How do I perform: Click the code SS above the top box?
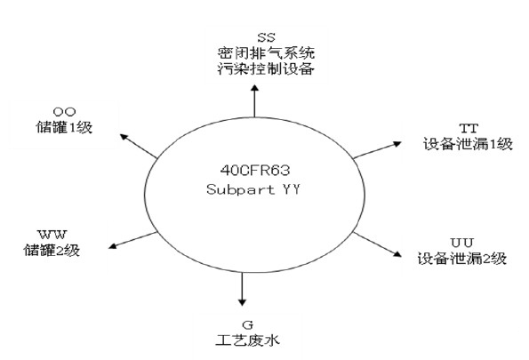click(x=266, y=37)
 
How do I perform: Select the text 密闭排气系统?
click(x=266, y=53)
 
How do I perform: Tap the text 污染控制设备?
click(x=266, y=68)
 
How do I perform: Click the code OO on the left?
click(x=64, y=111)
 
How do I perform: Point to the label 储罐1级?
click(x=64, y=127)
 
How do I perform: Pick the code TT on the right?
click(x=469, y=128)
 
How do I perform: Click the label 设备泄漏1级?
click(x=468, y=144)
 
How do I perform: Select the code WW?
click(x=52, y=234)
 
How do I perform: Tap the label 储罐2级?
click(x=52, y=250)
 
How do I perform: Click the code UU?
click(x=462, y=243)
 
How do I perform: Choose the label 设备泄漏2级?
click(x=462, y=259)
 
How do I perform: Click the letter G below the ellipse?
click(x=248, y=325)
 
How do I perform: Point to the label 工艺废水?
click(x=248, y=340)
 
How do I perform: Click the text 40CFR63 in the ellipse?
click(x=255, y=171)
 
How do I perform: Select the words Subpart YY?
click(x=253, y=189)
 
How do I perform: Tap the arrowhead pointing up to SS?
click(x=254, y=88)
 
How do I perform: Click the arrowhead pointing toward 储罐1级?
click(x=124, y=137)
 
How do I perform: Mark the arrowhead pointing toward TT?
click(x=397, y=144)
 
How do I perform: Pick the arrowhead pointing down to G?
click(x=242, y=302)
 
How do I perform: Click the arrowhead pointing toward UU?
click(x=397, y=254)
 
